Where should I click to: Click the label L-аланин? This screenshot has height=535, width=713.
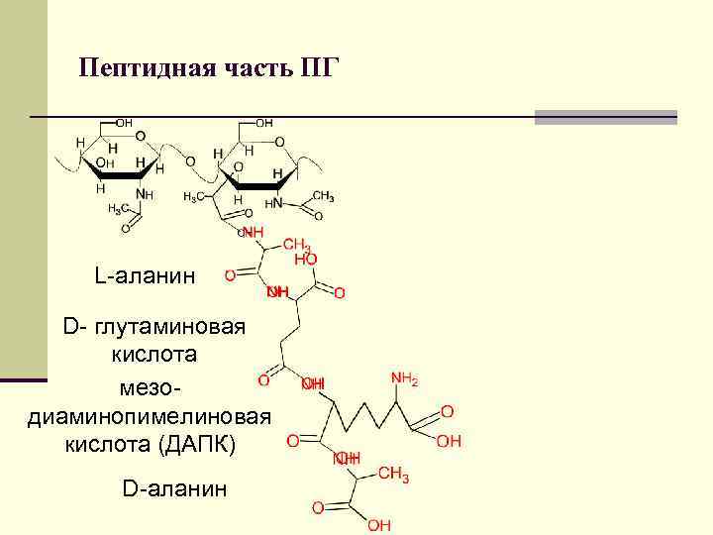[146, 274]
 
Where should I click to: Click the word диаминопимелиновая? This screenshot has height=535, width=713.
[147, 414]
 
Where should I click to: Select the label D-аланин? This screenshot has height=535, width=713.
[174, 487]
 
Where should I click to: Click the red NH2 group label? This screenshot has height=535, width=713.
[404, 379]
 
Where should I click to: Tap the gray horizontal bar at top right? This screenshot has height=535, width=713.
[605, 117]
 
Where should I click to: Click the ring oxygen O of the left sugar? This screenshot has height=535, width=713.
[140, 136]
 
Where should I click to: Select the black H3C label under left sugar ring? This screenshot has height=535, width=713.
[118, 209]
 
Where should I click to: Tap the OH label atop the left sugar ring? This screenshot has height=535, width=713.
[124, 123]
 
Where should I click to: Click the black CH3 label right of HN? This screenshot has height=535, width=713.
[323, 196]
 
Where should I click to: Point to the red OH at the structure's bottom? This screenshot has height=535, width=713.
[379, 524]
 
